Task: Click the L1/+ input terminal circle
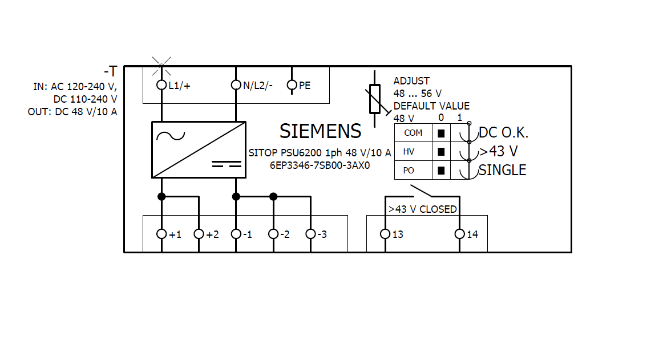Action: (x=161, y=85)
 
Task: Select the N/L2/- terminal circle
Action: (x=236, y=85)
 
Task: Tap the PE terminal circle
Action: (x=292, y=85)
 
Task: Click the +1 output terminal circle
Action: (x=161, y=234)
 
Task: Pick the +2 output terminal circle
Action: (x=199, y=234)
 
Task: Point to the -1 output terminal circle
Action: (x=236, y=234)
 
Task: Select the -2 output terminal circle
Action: (x=273, y=234)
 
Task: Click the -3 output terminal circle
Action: (x=310, y=234)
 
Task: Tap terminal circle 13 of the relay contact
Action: (x=385, y=234)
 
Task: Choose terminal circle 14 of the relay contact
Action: (x=459, y=234)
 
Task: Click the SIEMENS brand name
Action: (x=321, y=132)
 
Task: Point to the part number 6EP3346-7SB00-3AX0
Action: (x=320, y=165)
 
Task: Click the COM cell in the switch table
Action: (x=413, y=133)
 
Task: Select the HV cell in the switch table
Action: (x=413, y=152)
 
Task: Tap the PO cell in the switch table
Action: (x=413, y=171)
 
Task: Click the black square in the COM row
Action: (x=441, y=134)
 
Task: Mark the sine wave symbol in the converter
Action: (x=171, y=136)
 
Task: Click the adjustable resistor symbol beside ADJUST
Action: (x=375, y=99)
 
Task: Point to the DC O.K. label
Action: (x=504, y=133)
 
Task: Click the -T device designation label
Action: (x=111, y=71)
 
